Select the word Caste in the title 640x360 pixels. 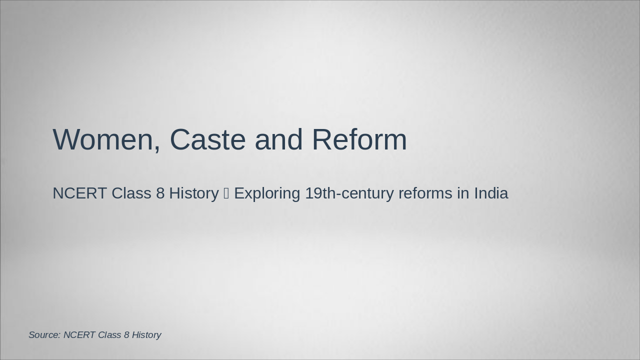(x=207, y=139)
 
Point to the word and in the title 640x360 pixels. (x=278, y=139)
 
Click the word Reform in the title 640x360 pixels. (x=359, y=139)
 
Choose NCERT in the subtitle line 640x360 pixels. (x=79, y=193)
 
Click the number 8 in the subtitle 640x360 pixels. (x=160, y=193)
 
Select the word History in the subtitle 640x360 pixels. (x=193, y=193)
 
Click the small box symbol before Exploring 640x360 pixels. (x=226, y=193)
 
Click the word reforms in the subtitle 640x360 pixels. (x=425, y=193)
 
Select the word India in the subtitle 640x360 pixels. (x=491, y=193)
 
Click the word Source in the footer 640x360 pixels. (x=44, y=335)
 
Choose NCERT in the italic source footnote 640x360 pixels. (x=79, y=335)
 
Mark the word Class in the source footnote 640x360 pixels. (x=109, y=335)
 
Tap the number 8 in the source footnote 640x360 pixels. (x=126, y=335)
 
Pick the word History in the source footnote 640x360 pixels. (x=146, y=335)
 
